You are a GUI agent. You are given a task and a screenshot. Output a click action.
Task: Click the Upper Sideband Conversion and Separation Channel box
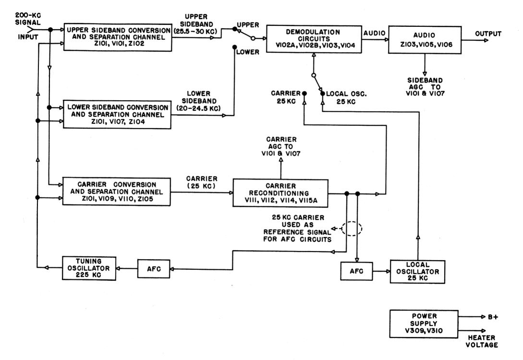click(118, 36)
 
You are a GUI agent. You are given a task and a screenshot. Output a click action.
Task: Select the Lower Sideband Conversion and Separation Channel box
click(117, 114)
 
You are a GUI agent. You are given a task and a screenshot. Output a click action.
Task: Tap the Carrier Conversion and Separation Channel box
click(118, 192)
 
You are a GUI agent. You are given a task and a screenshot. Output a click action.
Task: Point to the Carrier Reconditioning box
click(280, 192)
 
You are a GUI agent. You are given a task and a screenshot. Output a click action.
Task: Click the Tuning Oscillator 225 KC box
click(89, 268)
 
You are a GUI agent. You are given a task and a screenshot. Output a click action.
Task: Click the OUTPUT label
click(487, 34)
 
